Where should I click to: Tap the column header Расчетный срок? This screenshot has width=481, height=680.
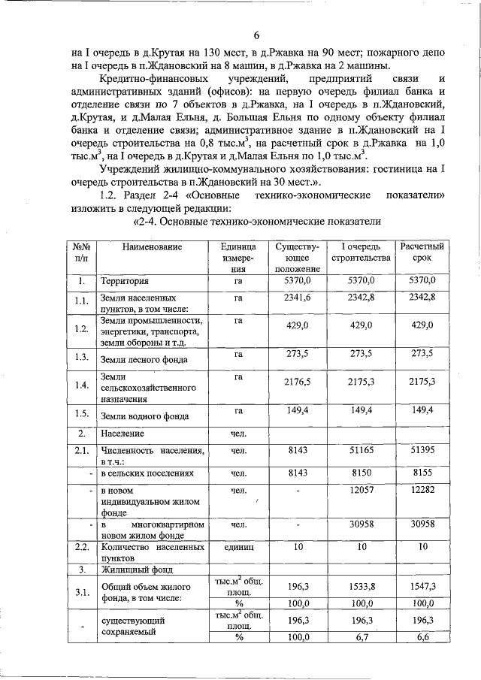[x=422, y=252]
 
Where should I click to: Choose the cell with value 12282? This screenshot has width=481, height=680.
[x=422, y=490]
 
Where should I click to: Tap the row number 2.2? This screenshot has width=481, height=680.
[x=81, y=548]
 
